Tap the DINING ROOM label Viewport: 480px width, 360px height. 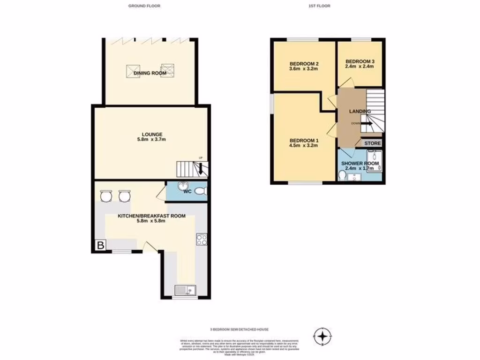150,74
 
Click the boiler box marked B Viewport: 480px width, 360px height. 100,245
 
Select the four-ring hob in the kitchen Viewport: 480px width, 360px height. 202,240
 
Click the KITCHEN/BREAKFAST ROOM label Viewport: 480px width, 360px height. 145,216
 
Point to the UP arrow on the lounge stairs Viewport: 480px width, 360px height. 201,168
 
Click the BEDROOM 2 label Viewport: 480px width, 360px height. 304,64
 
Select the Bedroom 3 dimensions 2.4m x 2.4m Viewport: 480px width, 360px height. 360,67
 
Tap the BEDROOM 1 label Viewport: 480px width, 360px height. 304,140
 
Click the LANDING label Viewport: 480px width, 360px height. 360,111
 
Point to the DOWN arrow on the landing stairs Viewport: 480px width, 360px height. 366,124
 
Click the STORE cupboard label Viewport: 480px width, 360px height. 373,143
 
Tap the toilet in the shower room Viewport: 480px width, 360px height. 342,175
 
